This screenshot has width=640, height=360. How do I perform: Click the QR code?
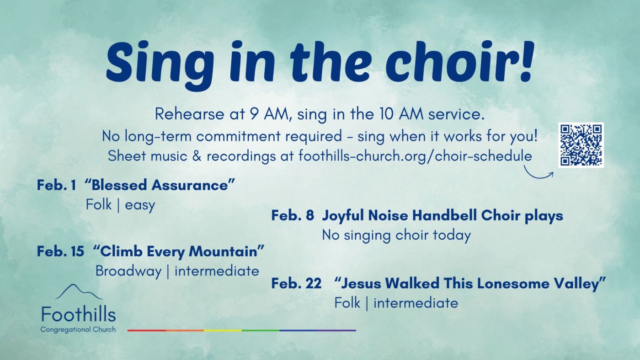coord(581,145)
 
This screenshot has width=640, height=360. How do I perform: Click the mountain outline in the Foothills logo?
coord(79,292)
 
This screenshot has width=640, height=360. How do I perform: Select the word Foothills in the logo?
coord(79,314)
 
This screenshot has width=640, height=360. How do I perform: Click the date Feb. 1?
coord(57,185)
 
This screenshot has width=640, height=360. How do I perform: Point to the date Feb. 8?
coord(293,215)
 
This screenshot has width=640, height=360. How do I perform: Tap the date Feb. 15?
coord(60,252)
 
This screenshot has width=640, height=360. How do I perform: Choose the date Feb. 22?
coord(296,283)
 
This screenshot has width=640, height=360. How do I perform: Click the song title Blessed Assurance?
coord(160,185)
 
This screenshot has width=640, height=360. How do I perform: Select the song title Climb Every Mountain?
coord(179,252)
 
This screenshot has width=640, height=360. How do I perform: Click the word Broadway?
coord(128,271)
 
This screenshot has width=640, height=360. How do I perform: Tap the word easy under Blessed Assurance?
coord(140,205)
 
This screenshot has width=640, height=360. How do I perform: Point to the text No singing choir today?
coord(396,236)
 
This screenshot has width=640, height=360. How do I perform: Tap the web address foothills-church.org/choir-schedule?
coord(415,156)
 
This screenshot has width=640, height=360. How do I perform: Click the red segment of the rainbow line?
coord(147,331)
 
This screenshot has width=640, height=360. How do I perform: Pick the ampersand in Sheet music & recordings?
coord(197,156)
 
